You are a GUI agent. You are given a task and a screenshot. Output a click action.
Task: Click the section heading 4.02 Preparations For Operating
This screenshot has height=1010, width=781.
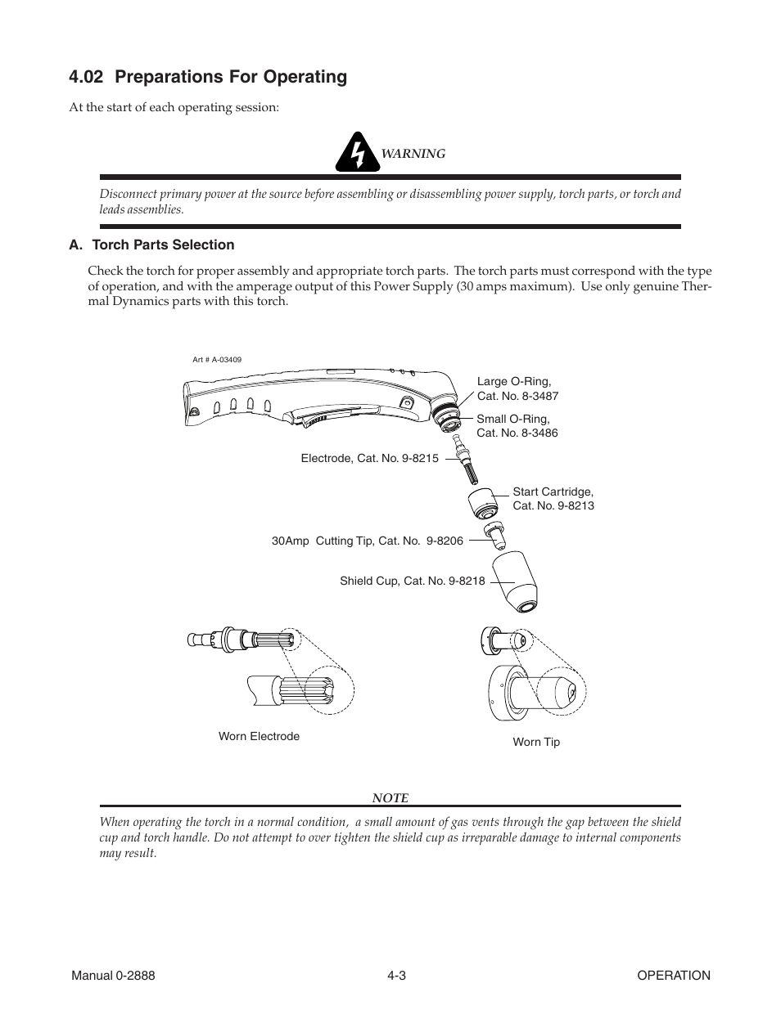tap(208, 77)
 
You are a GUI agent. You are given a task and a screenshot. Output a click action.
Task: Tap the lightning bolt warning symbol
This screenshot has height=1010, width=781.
tap(357, 152)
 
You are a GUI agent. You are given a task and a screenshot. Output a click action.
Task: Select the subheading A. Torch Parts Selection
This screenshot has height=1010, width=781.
tap(151, 245)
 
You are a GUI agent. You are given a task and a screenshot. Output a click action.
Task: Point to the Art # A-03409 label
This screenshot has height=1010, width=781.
tap(217, 359)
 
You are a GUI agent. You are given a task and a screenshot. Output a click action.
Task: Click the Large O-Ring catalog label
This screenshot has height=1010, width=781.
tap(517, 388)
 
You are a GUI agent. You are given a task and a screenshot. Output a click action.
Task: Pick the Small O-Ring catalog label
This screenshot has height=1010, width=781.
tap(517, 426)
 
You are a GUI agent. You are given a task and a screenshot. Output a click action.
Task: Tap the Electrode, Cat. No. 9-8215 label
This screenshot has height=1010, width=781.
tap(369, 459)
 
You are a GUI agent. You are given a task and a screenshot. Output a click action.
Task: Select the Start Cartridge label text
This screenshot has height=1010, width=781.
tap(553, 499)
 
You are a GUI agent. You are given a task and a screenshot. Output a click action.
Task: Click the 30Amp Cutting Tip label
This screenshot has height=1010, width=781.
tap(367, 541)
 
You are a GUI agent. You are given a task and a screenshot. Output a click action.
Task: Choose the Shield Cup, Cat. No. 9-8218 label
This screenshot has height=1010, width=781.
tap(412, 581)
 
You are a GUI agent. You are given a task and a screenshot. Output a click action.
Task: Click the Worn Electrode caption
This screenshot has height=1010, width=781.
tap(259, 736)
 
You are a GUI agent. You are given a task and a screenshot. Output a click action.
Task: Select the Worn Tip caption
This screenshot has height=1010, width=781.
tap(536, 742)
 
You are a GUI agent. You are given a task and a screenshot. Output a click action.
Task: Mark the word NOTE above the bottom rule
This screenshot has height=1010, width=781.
tap(390, 797)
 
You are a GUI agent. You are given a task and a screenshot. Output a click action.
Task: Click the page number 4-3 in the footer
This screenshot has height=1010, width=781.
tap(397, 975)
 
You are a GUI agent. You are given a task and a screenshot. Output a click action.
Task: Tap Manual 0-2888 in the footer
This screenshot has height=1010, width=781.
tap(113, 975)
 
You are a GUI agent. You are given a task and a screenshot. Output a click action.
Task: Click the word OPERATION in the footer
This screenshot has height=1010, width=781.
tap(674, 975)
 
